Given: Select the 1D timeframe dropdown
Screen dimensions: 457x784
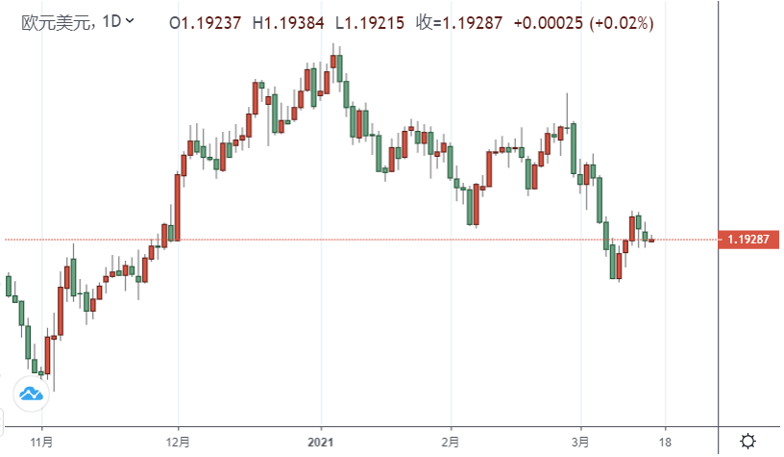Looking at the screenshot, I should [117, 21].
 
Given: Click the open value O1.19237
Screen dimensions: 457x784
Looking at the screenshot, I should [205, 21].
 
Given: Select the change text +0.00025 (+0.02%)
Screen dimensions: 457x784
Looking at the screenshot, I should [573, 21].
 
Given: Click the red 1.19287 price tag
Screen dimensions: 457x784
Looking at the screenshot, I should [747, 240].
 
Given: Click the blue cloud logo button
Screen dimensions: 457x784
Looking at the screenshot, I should [31, 393].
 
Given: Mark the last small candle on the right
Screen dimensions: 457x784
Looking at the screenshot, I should [651, 240].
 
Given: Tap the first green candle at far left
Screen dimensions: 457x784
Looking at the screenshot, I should [9, 286].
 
